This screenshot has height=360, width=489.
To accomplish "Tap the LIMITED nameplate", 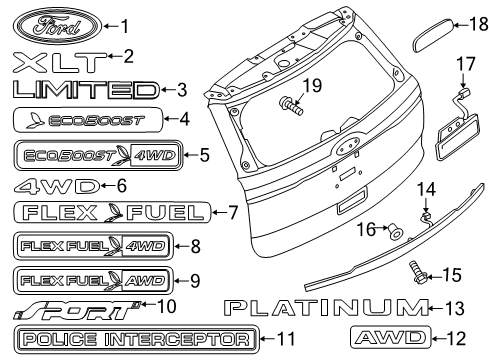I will tap(85, 91).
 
